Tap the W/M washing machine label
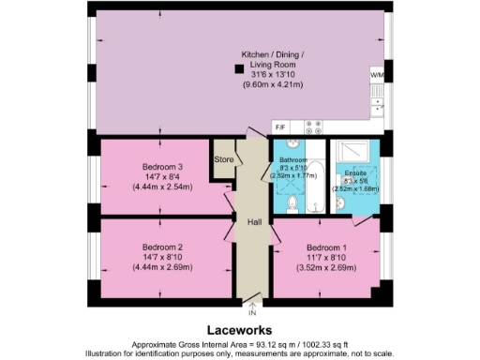point(376,73)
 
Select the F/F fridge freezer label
point(281,125)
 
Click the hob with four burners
point(315,126)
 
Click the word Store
point(223,159)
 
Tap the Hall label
point(253,222)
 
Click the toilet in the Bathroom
point(291,202)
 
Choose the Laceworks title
point(240,330)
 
